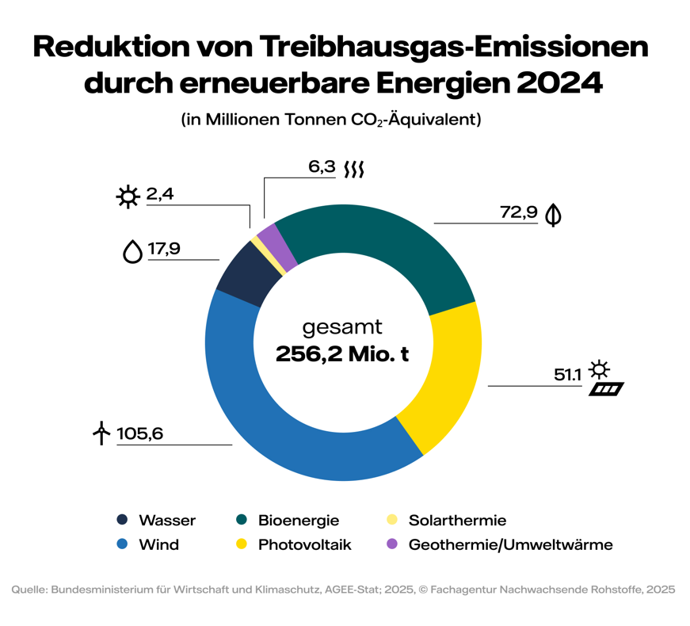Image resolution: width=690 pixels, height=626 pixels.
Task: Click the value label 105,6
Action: [x=139, y=433]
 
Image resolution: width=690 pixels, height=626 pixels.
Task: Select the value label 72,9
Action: [x=519, y=212]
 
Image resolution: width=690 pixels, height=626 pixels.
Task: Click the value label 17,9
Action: [x=164, y=249]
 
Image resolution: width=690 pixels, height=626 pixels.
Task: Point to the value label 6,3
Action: [x=322, y=167]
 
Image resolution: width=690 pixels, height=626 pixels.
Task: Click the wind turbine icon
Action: [x=101, y=433]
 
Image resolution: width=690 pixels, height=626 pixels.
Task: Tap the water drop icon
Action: [x=132, y=250]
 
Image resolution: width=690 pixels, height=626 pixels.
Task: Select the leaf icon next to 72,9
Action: [x=554, y=214]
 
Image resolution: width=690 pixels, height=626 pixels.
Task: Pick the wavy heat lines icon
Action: [x=354, y=169]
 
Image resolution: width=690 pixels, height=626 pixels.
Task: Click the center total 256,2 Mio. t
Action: [x=342, y=354]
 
